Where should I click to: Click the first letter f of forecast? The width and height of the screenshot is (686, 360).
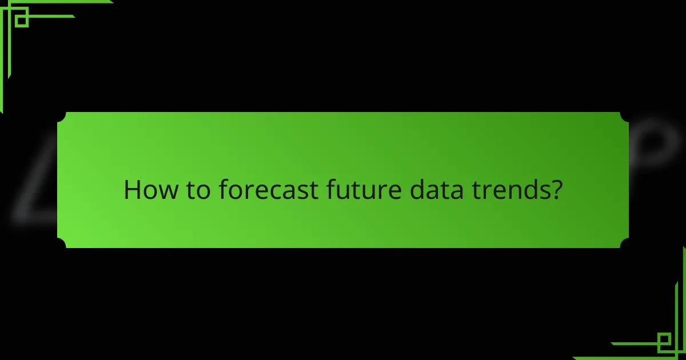click(222, 190)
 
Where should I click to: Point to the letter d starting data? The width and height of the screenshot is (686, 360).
click(413, 190)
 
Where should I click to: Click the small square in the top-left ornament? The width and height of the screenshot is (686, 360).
click(22, 21)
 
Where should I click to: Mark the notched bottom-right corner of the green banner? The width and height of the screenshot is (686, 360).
click(624, 244)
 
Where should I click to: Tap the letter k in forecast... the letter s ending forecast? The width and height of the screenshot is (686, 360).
click(308, 191)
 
